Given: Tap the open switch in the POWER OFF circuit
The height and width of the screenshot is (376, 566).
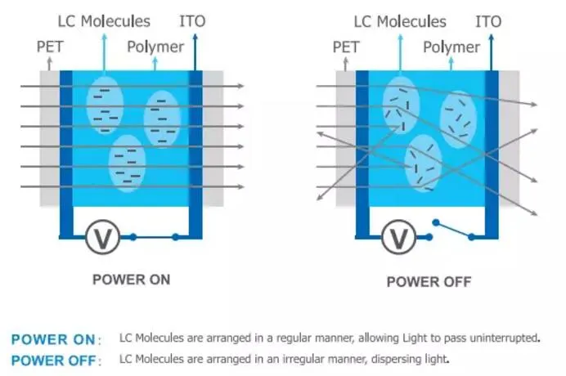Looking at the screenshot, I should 455,230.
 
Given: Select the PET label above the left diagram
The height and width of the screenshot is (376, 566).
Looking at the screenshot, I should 50,47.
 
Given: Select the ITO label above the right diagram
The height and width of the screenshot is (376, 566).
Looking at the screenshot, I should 488,21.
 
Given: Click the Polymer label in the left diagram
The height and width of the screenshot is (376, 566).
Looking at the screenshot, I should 155,47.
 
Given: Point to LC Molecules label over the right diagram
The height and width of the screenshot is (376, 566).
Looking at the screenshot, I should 400,21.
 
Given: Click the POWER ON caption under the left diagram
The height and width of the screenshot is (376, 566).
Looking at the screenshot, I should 131,279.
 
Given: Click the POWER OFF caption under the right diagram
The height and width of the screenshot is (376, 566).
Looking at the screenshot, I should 429,282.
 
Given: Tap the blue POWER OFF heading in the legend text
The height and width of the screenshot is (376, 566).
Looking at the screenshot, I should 56,359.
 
